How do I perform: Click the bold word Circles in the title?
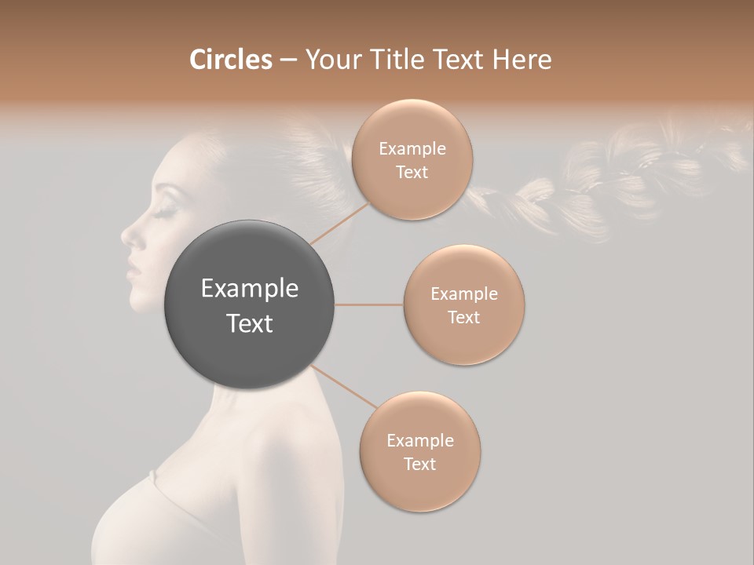click(x=231, y=60)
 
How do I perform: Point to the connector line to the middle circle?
click(x=368, y=304)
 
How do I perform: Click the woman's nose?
click(x=127, y=233)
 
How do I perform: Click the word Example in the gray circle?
click(x=249, y=289)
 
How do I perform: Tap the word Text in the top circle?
click(x=412, y=173)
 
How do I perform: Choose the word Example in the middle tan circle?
click(x=463, y=294)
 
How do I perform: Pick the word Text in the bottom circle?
click(x=419, y=464)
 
